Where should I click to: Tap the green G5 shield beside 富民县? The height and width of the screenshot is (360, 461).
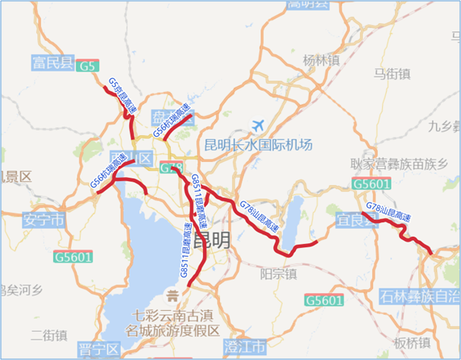point(90,66)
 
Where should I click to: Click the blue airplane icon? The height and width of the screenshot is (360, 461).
point(259,126)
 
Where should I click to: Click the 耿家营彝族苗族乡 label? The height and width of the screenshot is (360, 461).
point(398,163)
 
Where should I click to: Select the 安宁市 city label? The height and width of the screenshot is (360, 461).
point(44,220)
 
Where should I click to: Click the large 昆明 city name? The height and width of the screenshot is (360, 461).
point(212,240)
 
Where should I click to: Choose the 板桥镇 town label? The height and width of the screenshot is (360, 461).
point(413,342)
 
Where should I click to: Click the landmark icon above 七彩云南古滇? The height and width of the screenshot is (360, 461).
point(170,293)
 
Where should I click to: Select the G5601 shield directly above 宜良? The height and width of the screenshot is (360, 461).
point(372,186)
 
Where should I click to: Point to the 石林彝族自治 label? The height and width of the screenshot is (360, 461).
point(418,297)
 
